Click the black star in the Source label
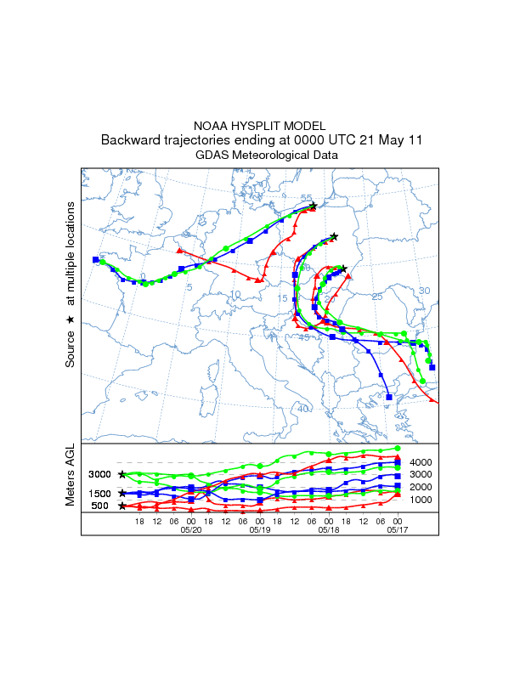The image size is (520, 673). tap(71, 320)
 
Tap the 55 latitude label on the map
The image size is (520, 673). tap(306, 199)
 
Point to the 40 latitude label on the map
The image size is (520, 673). tap(303, 409)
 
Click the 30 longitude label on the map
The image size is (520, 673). tap(425, 291)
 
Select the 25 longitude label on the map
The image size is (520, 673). tap(378, 297)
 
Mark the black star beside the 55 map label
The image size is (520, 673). tap(313, 206)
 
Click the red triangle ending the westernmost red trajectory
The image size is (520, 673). tap(179, 250)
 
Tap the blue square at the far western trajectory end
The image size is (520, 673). tap(95, 259)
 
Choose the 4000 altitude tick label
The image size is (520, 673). tap(422, 462)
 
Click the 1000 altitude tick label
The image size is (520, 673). tap(422, 500)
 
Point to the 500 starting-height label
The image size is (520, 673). tap(101, 506)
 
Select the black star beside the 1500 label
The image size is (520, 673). tap(122, 493)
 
